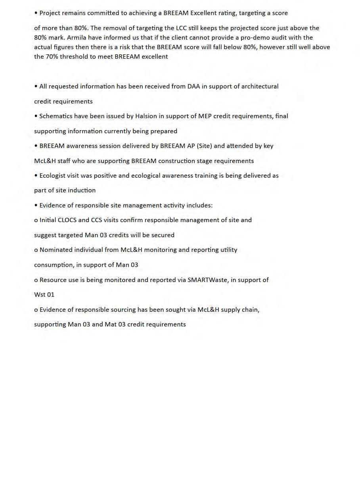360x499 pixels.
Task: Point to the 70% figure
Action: click(52, 57)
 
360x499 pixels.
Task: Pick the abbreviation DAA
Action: click(193, 86)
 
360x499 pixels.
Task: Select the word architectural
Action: click(260, 86)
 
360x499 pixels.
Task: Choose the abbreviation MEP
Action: click(205, 116)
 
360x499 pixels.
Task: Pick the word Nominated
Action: click(55, 250)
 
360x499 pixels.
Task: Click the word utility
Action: click(228, 250)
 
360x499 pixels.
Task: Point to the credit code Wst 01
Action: click(44, 295)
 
